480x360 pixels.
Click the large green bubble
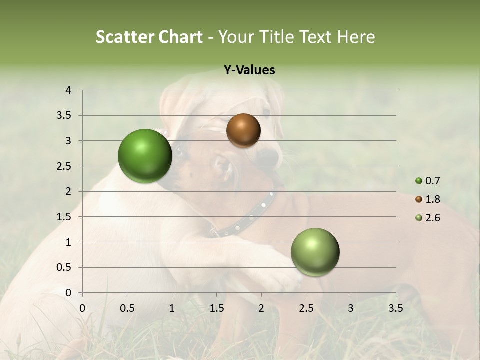click(145, 156)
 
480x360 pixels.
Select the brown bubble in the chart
click(243, 130)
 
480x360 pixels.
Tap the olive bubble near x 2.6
click(315, 252)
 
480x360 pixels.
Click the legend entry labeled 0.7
click(427, 181)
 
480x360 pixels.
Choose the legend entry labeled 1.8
click(427, 199)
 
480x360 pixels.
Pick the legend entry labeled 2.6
click(427, 218)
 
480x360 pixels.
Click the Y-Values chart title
click(249, 70)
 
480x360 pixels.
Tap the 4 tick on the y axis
click(68, 90)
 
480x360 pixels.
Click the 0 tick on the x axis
click(82, 308)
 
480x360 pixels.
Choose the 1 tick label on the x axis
click(172, 308)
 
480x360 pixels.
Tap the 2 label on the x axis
click(261, 308)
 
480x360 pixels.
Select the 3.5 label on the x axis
click(395, 308)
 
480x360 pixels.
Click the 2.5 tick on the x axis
click(306, 308)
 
